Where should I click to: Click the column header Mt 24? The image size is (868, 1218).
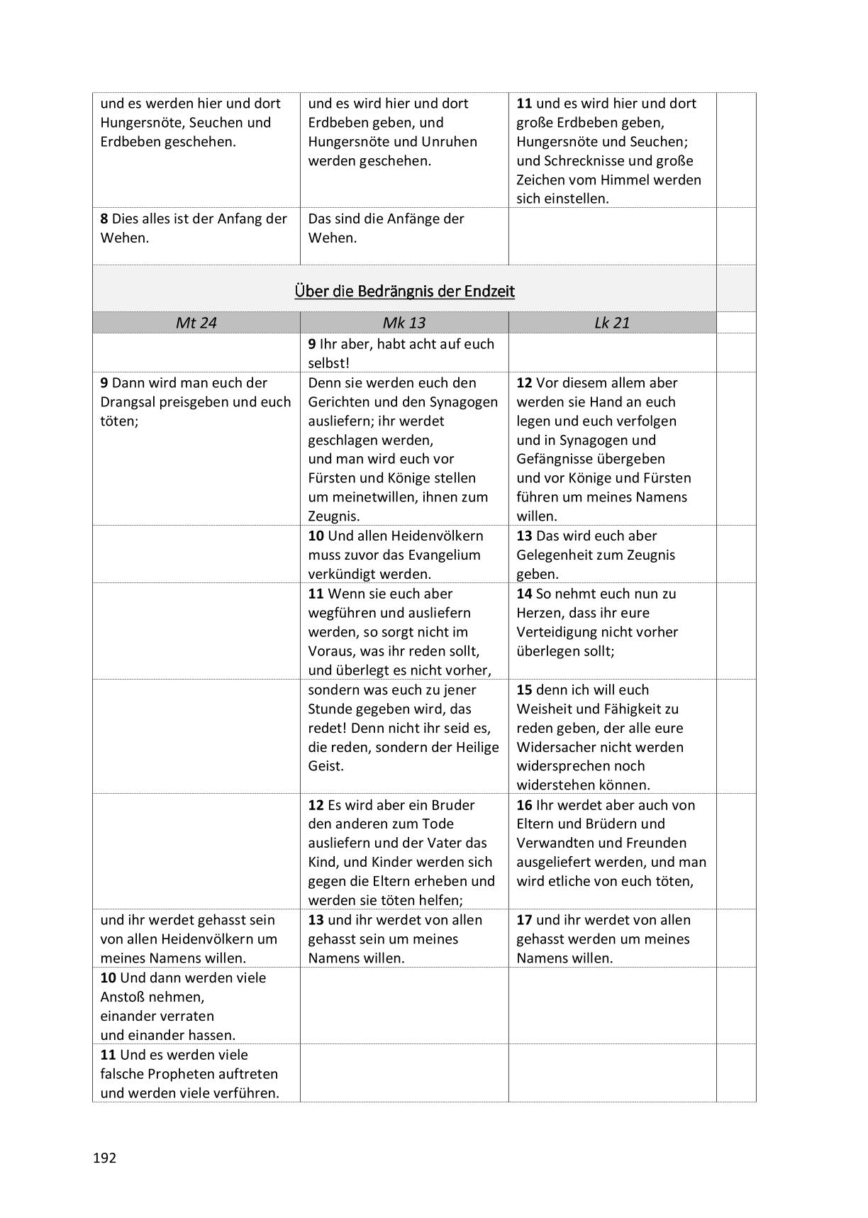196,323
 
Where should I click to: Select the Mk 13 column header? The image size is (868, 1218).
404,323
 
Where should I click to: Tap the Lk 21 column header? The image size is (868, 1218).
612,323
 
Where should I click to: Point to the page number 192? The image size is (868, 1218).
104,1158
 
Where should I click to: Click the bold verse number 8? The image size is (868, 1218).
104,219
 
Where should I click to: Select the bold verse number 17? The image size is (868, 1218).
524,920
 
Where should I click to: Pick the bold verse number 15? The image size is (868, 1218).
524,690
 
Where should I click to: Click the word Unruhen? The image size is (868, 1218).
450,142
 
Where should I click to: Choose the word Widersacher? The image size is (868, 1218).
556,748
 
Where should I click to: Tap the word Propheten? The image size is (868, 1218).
164,1074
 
